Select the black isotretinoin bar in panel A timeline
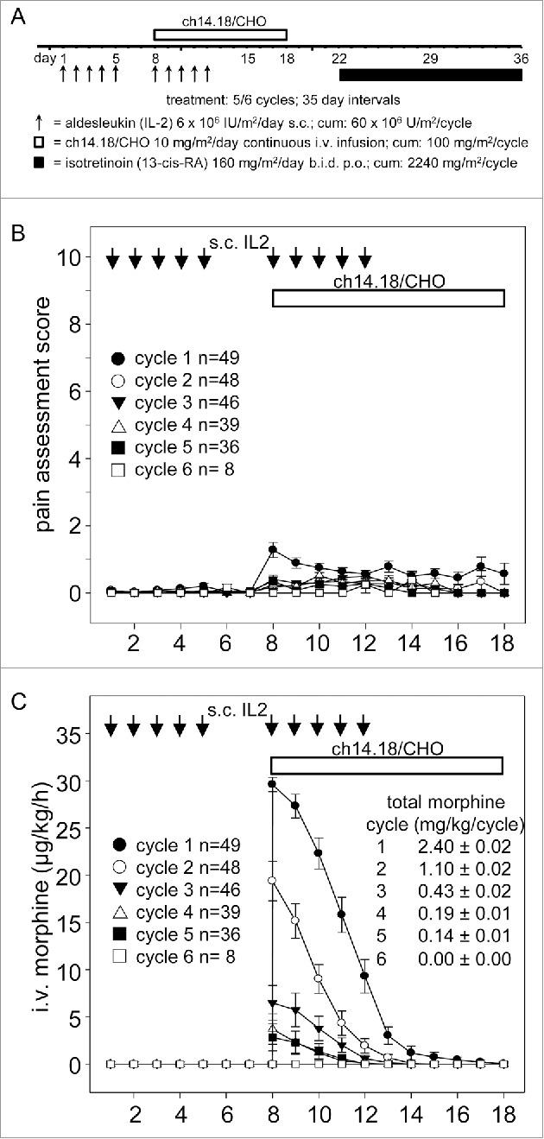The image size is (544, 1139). [x=430, y=75]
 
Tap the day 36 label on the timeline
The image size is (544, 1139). [x=520, y=58]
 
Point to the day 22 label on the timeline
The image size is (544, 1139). [x=339, y=58]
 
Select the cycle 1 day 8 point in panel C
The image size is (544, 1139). [x=272, y=784]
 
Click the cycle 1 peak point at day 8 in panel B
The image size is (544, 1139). [x=273, y=549]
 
